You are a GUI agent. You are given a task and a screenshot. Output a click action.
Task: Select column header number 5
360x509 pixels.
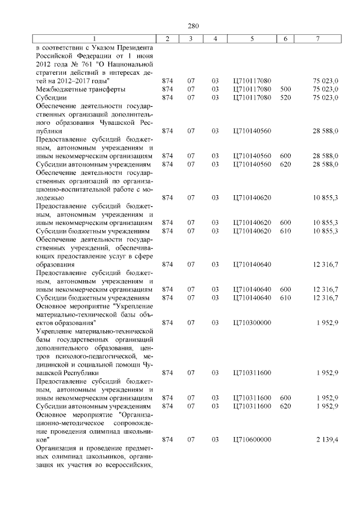point(251,38)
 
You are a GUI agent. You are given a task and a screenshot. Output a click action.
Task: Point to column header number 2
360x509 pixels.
point(166,38)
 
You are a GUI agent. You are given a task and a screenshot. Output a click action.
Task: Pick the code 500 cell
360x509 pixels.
point(285,89)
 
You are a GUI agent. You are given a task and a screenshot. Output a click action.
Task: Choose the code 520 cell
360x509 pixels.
point(285,97)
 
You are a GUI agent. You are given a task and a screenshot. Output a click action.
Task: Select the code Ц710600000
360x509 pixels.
point(251,439)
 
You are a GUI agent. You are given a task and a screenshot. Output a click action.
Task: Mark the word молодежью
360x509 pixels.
point(49,197)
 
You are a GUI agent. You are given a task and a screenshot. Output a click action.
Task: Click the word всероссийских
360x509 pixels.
point(130,464)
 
